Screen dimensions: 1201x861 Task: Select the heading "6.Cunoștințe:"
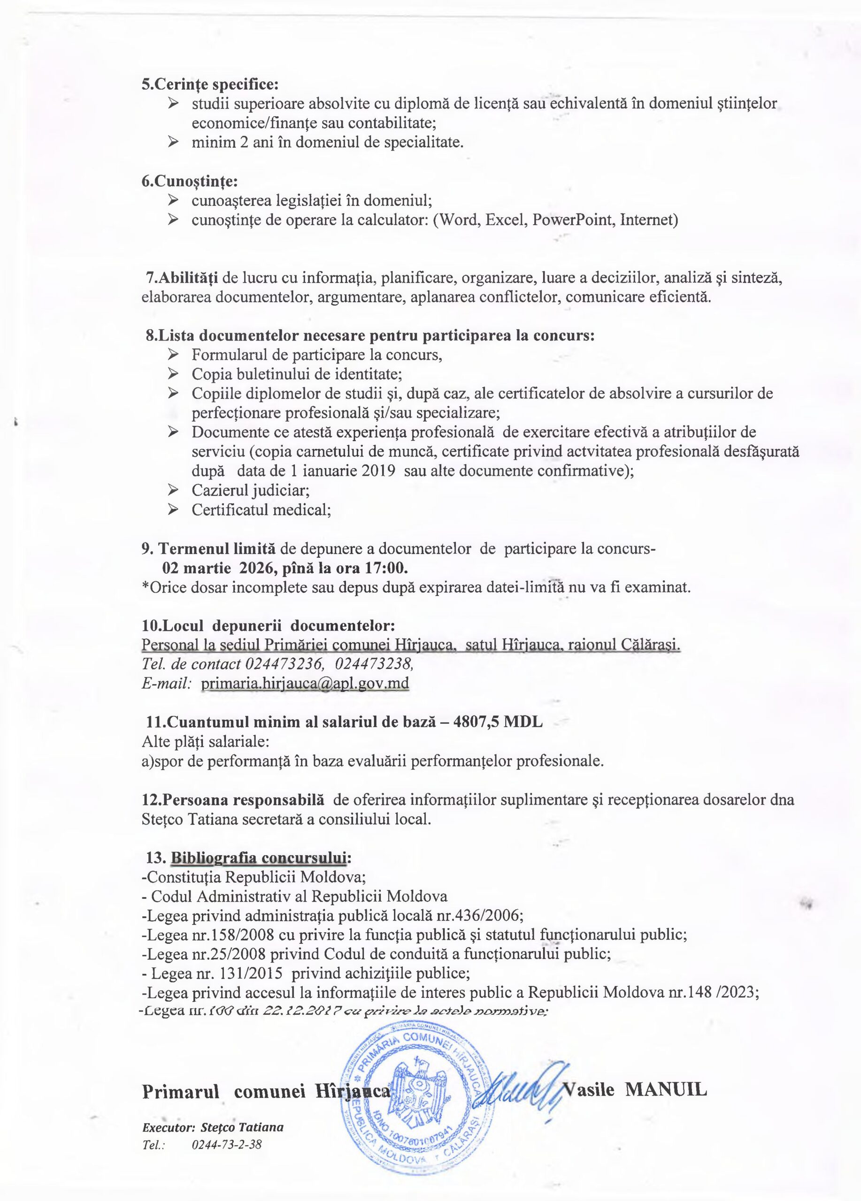click(189, 181)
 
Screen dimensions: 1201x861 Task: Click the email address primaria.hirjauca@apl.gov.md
click(305, 683)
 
